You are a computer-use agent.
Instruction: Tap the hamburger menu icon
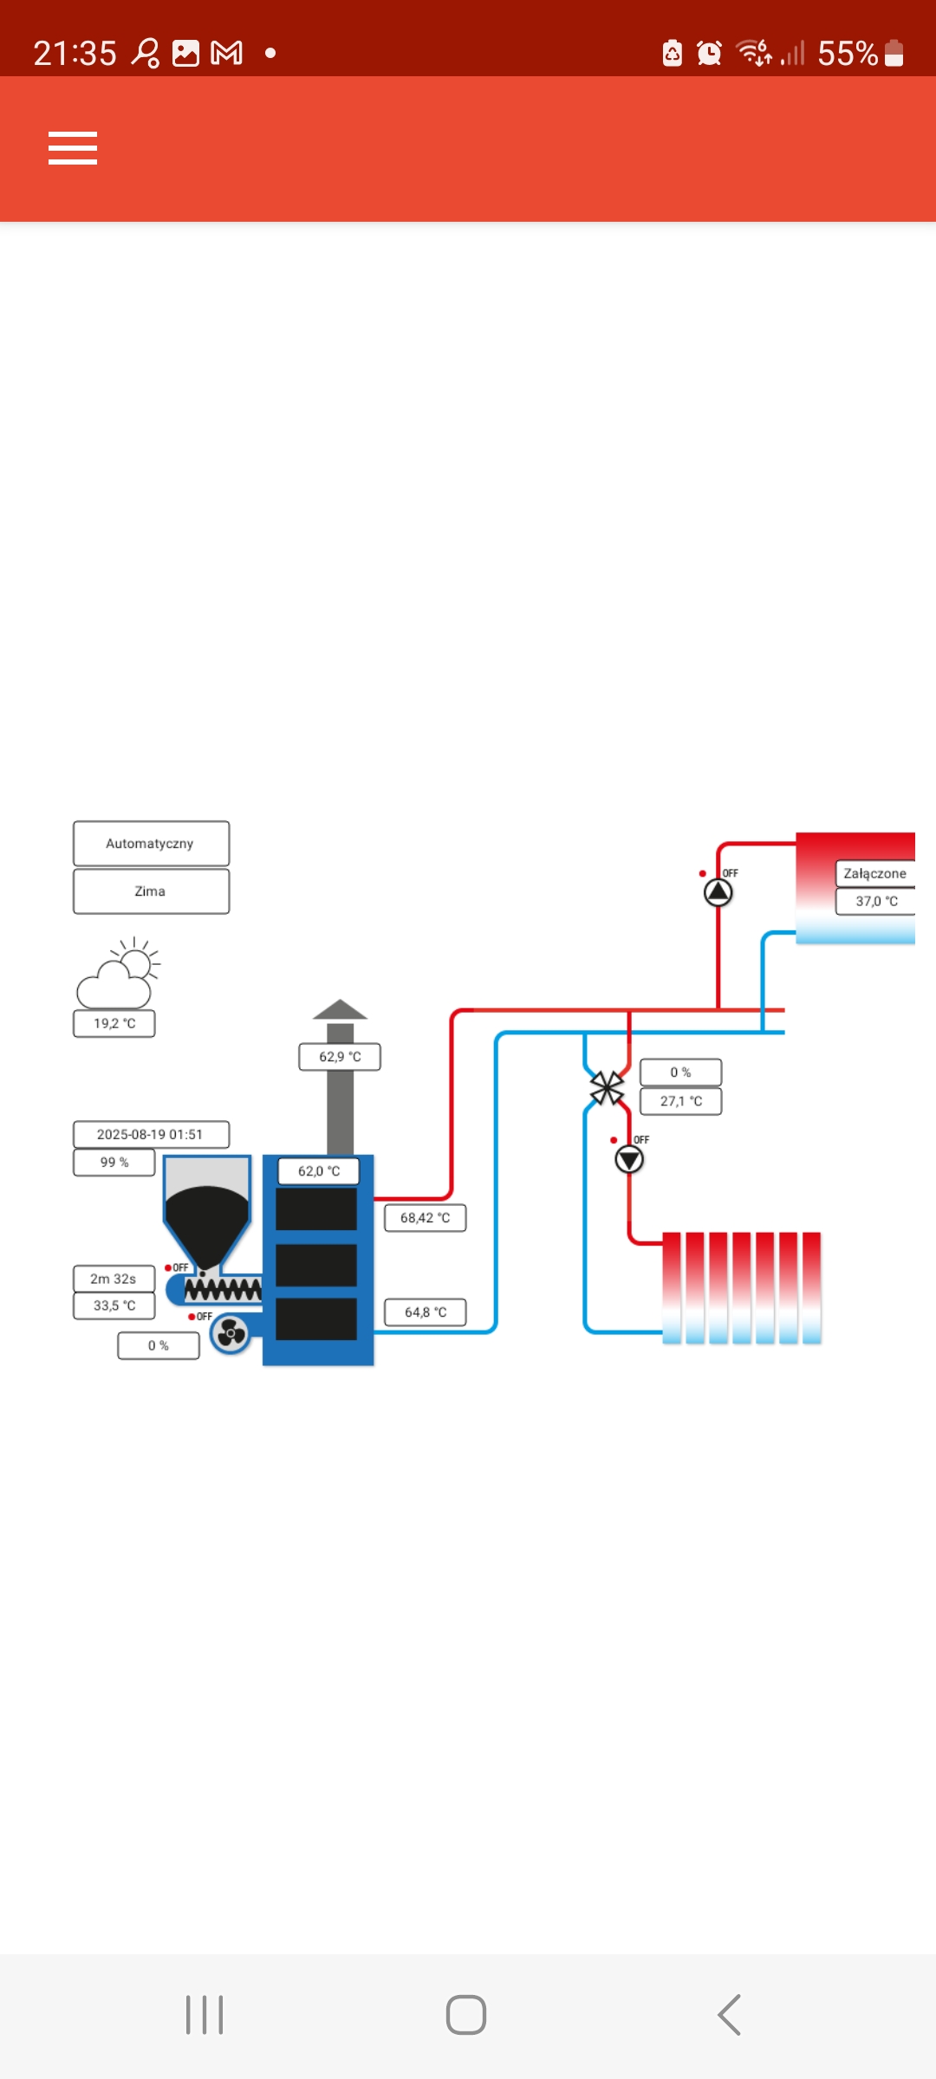coord(73,148)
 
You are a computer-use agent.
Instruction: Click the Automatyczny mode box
coord(151,844)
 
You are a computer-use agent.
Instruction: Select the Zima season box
coord(151,891)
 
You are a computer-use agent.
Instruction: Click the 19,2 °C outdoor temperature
coord(114,1023)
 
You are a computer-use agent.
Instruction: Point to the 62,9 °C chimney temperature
coord(340,1057)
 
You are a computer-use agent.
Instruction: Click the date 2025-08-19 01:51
coord(151,1135)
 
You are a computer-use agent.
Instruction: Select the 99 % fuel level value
coord(114,1163)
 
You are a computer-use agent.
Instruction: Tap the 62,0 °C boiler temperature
coord(318,1171)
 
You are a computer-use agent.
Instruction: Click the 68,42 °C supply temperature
coord(425,1218)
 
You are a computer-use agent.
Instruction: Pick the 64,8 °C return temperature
coord(425,1312)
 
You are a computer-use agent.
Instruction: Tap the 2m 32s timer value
coord(114,1279)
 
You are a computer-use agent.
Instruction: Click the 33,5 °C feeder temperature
coord(114,1305)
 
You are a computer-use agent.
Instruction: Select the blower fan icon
coord(231,1334)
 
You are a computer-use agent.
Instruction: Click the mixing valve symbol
coord(607,1089)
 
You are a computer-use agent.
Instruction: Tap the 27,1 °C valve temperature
coord(680,1101)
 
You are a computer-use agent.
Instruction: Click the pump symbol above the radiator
coord(629,1159)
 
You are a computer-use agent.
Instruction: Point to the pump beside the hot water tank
coord(718,891)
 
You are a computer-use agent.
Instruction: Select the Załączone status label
coord(874,873)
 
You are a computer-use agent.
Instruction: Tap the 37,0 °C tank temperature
coord(875,901)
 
